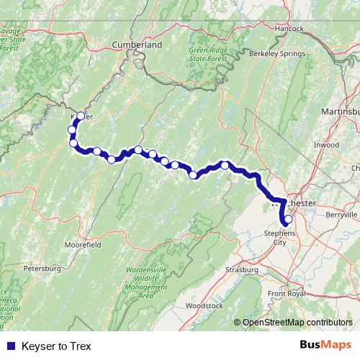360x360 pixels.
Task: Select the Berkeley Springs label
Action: (x=270, y=54)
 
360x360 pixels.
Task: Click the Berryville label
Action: (x=341, y=215)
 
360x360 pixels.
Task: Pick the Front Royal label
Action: (x=287, y=294)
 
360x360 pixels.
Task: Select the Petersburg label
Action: (x=40, y=269)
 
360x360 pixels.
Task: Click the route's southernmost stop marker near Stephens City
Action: (x=289, y=220)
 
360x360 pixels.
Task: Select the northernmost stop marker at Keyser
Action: (x=81, y=116)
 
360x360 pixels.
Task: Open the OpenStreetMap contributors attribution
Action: (x=297, y=323)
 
